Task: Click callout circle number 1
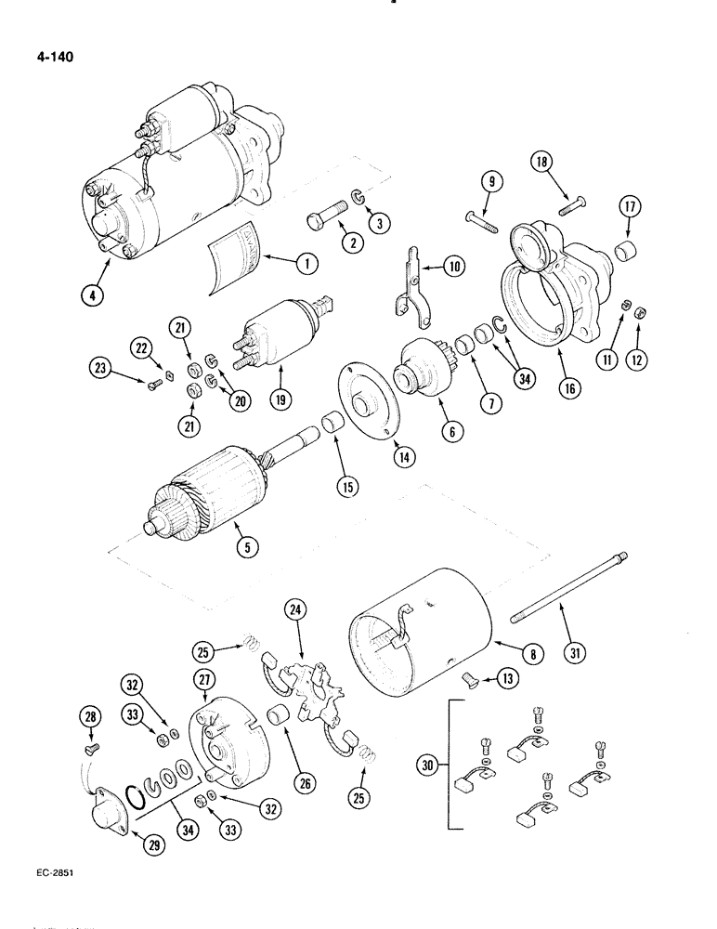click(302, 264)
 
